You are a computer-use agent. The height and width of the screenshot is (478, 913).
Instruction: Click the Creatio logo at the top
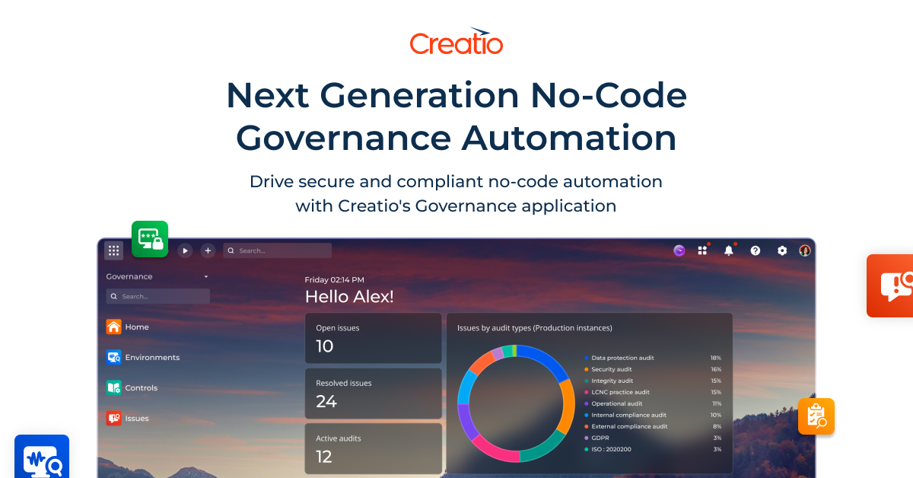(x=456, y=42)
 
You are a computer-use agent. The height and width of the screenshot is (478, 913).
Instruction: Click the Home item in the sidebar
(x=137, y=327)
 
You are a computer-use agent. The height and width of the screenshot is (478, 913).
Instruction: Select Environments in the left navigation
(x=152, y=358)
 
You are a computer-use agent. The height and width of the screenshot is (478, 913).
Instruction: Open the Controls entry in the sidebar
(x=141, y=388)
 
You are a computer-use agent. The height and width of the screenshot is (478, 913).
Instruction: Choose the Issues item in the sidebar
(x=137, y=419)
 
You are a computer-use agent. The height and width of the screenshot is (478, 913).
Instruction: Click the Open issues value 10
(x=325, y=346)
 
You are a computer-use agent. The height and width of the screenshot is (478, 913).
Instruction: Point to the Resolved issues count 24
(x=326, y=401)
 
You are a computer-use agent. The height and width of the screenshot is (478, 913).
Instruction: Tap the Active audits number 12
(x=324, y=457)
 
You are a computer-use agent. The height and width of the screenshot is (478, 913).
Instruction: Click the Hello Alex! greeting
(x=349, y=297)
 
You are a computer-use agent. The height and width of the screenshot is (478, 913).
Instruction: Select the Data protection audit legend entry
(x=622, y=358)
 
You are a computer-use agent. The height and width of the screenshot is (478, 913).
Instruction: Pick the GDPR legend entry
(x=600, y=438)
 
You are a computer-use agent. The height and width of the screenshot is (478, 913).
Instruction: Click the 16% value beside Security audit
(x=716, y=369)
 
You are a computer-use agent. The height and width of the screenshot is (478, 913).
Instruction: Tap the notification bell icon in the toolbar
(x=729, y=250)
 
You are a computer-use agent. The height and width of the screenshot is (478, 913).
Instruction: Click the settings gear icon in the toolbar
(x=782, y=250)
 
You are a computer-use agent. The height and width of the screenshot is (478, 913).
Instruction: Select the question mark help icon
(x=756, y=250)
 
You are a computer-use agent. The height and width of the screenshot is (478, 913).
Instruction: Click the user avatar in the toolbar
(x=805, y=250)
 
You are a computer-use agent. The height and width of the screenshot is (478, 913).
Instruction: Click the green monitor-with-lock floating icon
(x=150, y=239)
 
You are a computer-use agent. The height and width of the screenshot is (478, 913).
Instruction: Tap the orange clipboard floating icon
(x=816, y=416)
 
